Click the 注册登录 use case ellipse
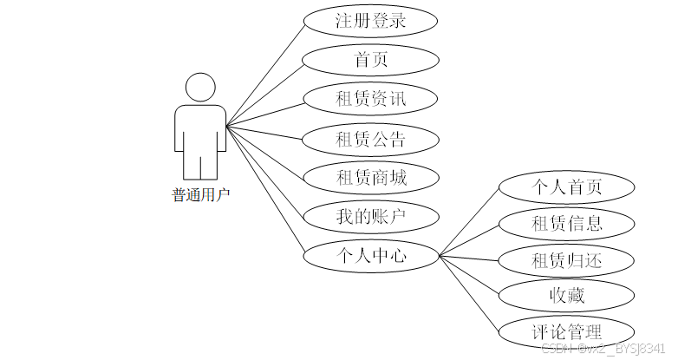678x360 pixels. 371,21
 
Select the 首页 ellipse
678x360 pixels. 371,60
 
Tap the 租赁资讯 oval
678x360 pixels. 371,99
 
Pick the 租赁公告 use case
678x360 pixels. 371,139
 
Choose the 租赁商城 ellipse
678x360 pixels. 371,179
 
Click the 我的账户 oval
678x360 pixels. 371,217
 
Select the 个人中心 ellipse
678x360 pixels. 371,256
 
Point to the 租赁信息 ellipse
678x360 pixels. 567,224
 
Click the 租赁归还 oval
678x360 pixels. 567,260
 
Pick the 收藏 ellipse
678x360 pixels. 567,296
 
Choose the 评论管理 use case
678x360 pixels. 567,331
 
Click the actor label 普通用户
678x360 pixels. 201,195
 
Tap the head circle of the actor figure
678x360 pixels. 201,88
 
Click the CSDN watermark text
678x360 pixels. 607,349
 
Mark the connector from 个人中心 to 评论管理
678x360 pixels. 468,293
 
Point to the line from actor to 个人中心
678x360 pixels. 264,191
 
